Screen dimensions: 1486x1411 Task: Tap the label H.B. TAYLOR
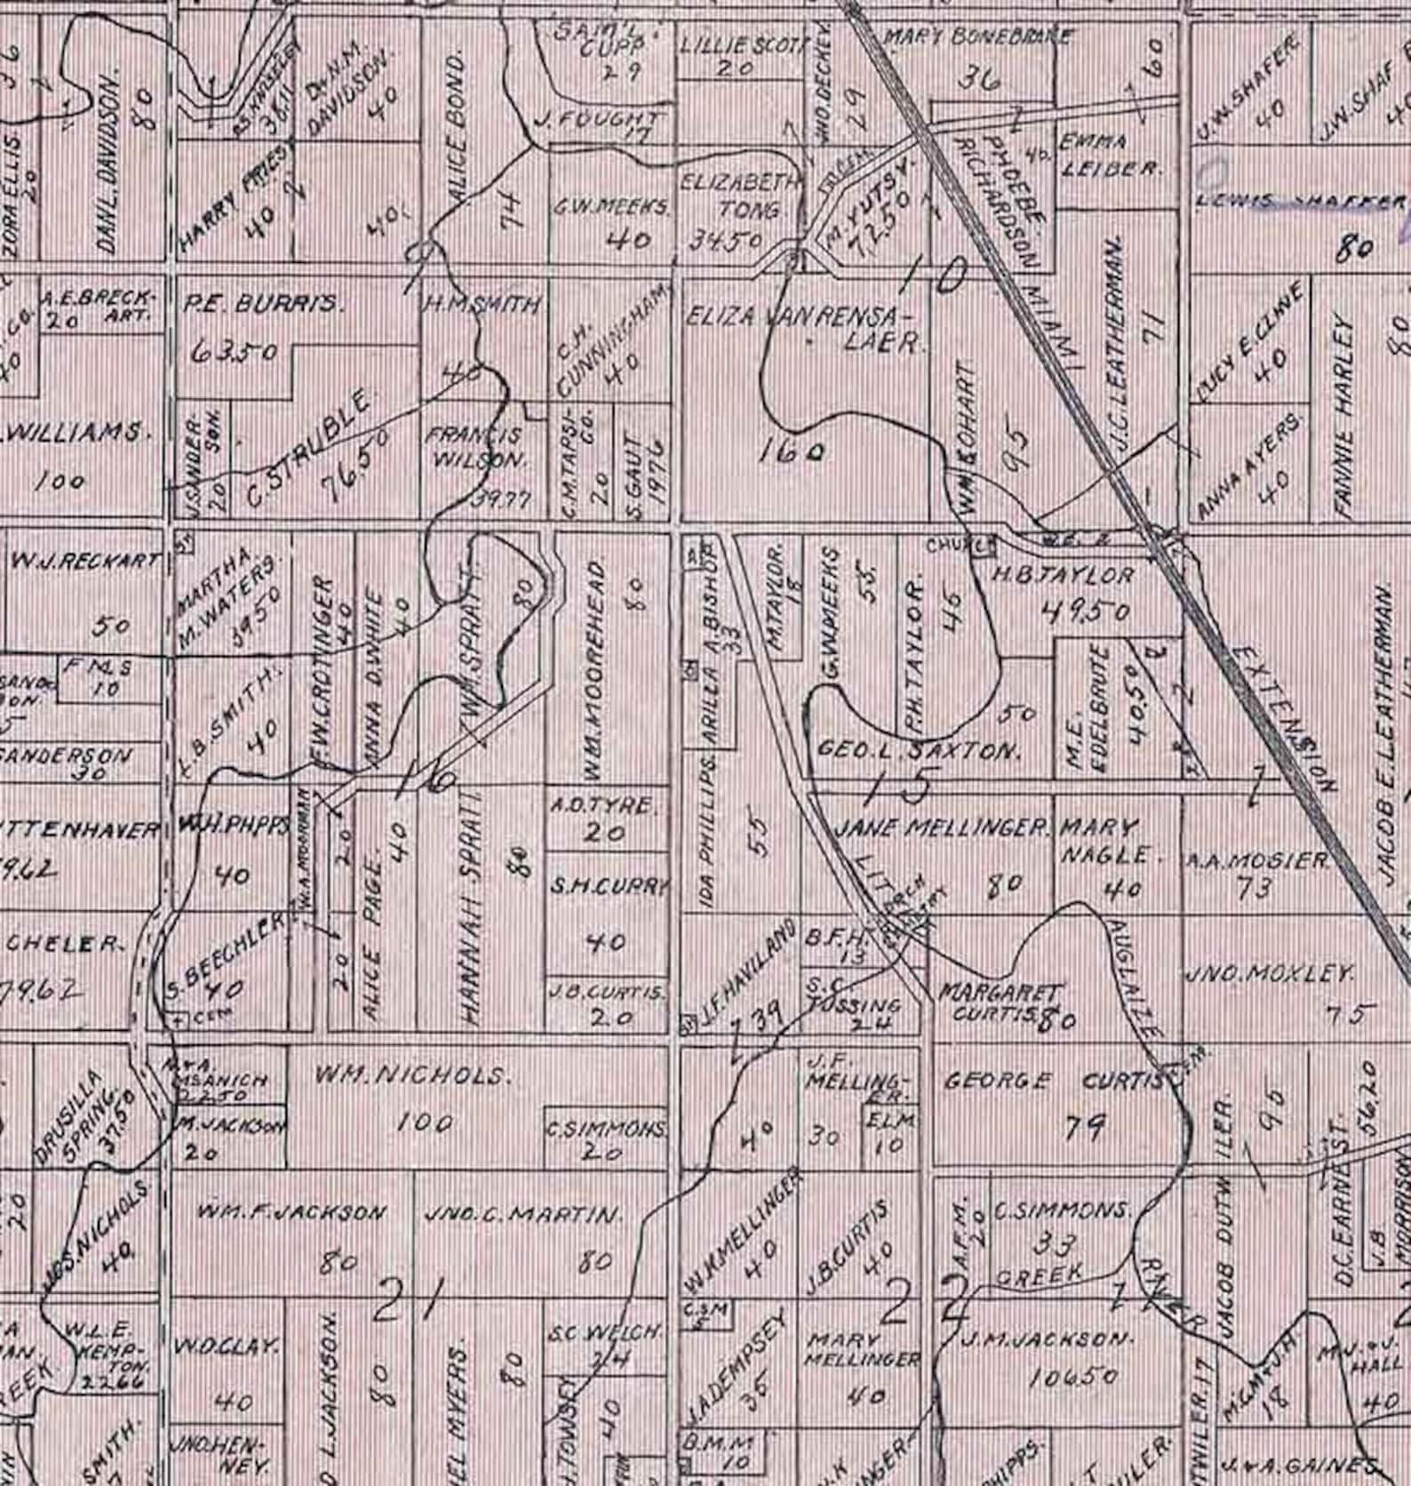[x=1062, y=575]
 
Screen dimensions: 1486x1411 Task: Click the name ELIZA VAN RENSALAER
[x=805, y=327]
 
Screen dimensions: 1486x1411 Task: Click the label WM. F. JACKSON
[x=292, y=1212]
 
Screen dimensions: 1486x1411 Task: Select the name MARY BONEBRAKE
[x=977, y=37]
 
